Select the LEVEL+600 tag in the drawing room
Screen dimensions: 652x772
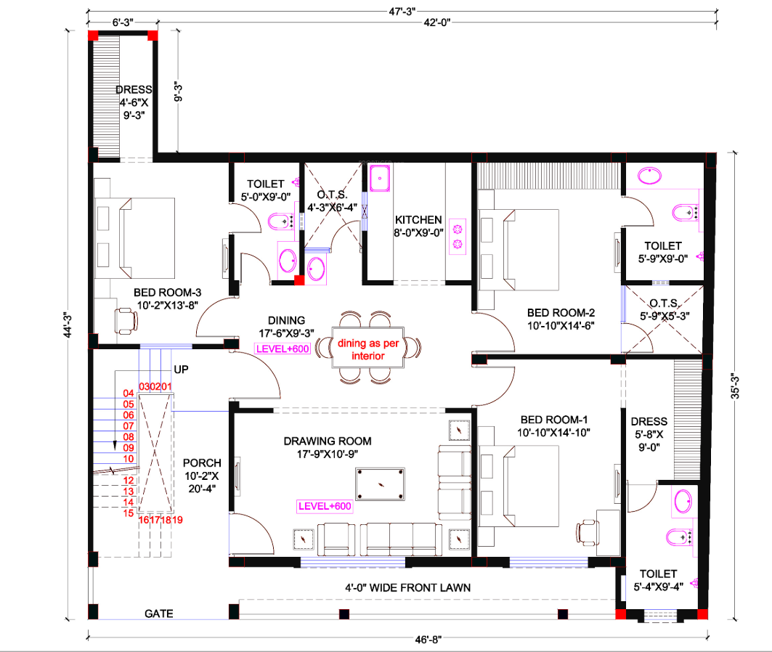(x=324, y=507)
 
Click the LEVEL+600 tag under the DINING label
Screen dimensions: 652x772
(x=282, y=349)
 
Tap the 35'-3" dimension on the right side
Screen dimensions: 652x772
(x=735, y=386)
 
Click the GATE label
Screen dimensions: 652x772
(x=158, y=614)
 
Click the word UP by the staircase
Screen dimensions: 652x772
(x=181, y=370)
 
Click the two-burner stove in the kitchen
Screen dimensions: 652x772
(x=458, y=237)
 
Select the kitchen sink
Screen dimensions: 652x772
(x=381, y=178)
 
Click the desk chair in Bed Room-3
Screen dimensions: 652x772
(x=125, y=319)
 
